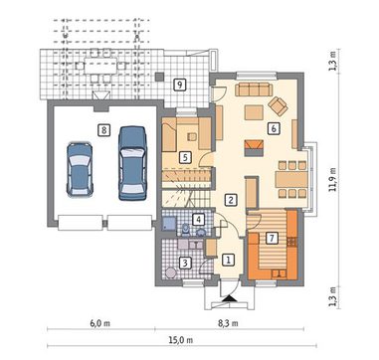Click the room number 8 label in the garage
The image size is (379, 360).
tap(104, 130)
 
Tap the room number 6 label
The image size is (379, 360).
tap(274, 128)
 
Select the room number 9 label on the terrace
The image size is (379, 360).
tap(179, 85)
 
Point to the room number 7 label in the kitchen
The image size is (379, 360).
tap(272, 238)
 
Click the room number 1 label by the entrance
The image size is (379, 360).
tap(228, 260)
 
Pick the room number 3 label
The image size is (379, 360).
tap(185, 264)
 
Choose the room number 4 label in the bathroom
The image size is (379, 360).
tap(198, 219)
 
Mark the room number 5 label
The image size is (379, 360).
tap(185, 157)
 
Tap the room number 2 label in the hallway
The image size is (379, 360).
tap(231, 200)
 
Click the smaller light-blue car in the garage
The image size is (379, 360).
tap(80, 169)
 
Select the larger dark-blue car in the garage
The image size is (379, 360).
tap(132, 163)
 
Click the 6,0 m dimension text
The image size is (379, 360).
tap(99, 323)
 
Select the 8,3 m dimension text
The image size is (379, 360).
tap(228, 323)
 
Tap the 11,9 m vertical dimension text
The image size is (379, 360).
tap(333, 179)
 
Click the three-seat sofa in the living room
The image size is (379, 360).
tap(254, 90)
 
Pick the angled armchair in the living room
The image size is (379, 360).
tap(278, 106)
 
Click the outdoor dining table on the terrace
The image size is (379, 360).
tap(100, 66)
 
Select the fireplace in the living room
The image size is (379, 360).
tap(254, 148)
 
